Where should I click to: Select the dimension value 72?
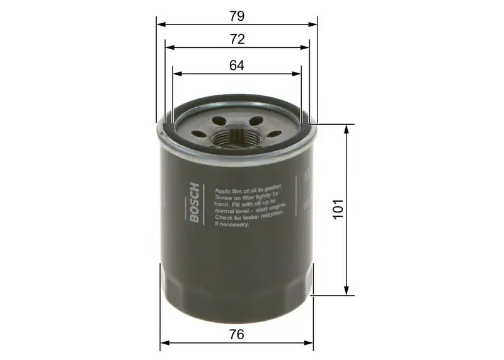point(237,39)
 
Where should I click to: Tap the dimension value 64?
point(237,64)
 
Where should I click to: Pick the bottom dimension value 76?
point(237,335)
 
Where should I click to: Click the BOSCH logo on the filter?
point(194,203)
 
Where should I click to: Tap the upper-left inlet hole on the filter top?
point(219,120)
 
